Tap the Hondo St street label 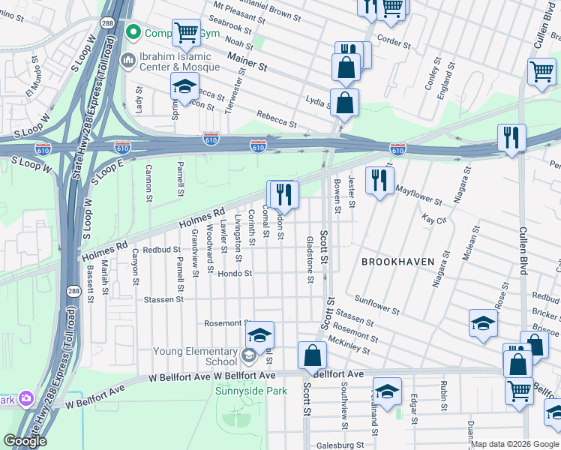click(x=234, y=274)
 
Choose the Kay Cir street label click(x=434, y=220)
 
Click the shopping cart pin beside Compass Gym click(x=186, y=32)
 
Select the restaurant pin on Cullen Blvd click(x=511, y=137)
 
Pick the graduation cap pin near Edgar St click(x=387, y=392)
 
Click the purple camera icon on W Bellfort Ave click(x=26, y=397)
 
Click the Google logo click(x=25, y=441)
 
